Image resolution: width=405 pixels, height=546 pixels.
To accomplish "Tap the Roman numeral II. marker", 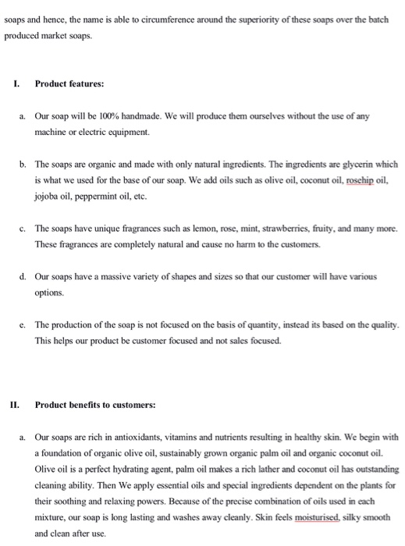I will tap(15, 405).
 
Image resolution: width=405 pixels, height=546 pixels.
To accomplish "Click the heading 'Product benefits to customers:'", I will tap(95, 405).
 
